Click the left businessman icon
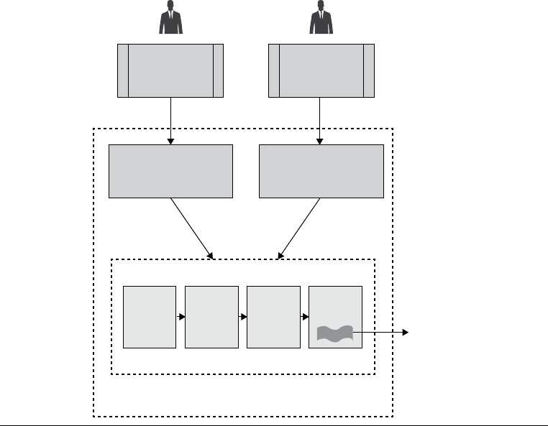coord(170,17)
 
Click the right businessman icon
coord(321,17)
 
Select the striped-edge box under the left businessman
coord(170,70)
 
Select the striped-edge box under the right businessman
coord(321,70)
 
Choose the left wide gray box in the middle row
coord(170,171)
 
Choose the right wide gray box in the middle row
coord(321,171)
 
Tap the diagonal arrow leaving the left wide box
coord(192,228)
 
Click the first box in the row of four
coord(150,317)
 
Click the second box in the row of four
coord(211,317)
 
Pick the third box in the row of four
coord(273,317)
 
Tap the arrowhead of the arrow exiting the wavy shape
coord(406,333)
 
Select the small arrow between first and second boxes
coord(181,317)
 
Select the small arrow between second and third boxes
coord(242,317)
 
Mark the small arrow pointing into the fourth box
coord(304,317)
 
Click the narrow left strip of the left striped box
coord(123,70)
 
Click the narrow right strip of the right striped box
coord(369,70)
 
